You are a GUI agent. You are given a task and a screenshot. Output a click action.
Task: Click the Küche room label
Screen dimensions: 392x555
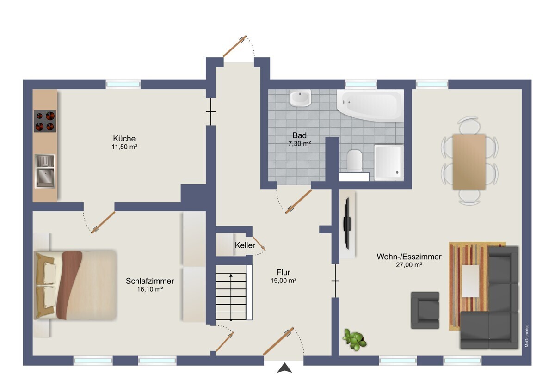(124, 139)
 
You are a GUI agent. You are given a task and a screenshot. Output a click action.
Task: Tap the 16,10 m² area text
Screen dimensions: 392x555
(150, 289)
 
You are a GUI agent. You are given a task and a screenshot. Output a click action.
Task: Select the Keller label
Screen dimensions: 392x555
(245, 245)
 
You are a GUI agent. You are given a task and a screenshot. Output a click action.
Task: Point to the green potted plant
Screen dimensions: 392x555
(355, 340)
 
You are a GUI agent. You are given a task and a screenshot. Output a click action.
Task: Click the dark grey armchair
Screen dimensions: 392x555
(425, 310)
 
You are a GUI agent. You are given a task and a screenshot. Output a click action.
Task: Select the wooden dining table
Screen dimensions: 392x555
(469, 162)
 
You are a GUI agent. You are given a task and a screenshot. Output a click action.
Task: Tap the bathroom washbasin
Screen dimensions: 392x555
(300, 98)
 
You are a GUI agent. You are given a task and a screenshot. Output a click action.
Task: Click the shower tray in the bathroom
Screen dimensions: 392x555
(388, 162)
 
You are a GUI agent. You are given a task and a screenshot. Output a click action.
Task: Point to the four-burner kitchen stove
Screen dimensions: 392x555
(45, 121)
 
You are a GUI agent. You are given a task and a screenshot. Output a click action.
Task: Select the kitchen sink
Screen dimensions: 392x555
(45, 171)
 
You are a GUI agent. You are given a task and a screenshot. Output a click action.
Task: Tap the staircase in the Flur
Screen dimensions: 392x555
(231, 296)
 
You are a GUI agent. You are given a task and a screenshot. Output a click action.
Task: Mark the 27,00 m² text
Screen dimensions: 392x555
(409, 265)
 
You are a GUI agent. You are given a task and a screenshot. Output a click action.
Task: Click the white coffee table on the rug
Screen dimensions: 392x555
(470, 280)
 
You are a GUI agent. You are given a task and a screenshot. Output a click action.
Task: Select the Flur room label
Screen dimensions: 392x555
(284, 272)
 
